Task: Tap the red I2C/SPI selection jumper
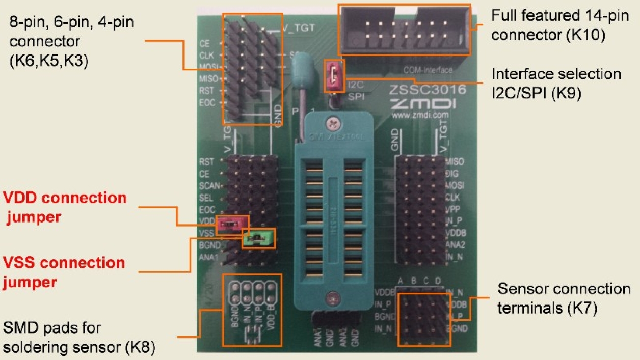click(x=334, y=76)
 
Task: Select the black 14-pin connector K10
click(x=405, y=30)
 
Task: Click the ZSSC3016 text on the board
click(x=428, y=91)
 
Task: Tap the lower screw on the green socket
click(x=333, y=295)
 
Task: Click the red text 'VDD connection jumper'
click(x=65, y=207)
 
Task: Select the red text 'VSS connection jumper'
click(x=64, y=272)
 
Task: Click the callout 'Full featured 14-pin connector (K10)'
click(x=548, y=25)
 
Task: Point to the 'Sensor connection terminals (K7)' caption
click(x=564, y=298)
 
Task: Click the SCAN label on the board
click(x=210, y=186)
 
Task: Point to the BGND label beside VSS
click(x=209, y=245)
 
